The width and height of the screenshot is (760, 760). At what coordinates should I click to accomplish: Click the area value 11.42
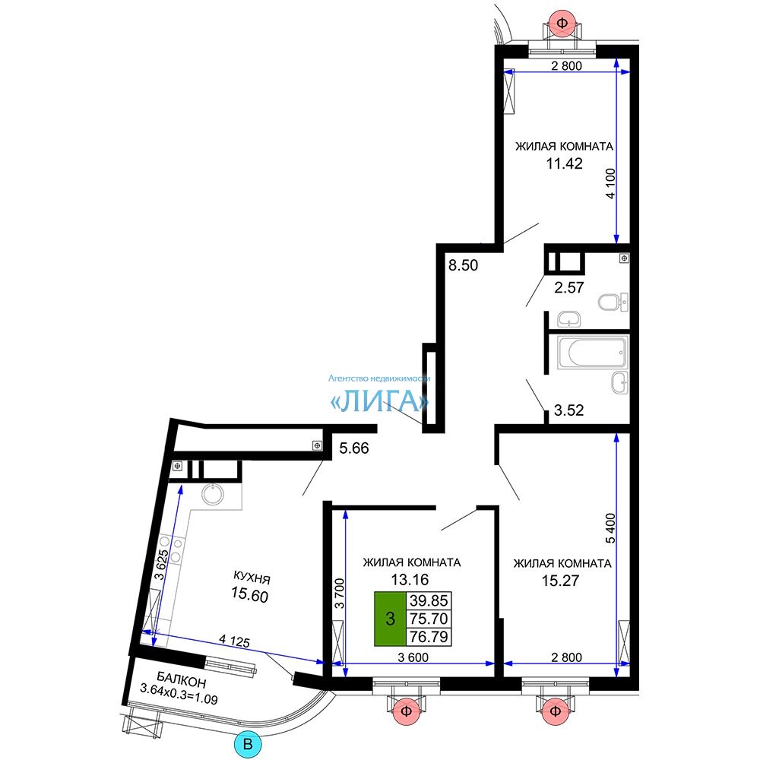coord(564,163)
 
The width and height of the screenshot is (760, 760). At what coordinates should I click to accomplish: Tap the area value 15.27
coord(560,580)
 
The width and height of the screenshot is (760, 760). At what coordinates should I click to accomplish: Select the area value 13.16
coord(410,579)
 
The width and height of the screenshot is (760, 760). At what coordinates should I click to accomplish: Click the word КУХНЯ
coord(252,578)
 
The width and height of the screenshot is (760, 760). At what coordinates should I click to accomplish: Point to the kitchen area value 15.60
coord(249,594)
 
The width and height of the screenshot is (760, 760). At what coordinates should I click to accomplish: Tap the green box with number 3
coord(390,619)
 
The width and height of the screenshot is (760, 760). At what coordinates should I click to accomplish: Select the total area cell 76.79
coord(429,636)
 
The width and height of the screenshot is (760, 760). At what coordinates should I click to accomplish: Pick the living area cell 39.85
coord(429,600)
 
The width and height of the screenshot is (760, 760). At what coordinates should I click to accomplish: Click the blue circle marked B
coord(248,744)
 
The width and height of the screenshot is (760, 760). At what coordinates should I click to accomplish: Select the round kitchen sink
coord(213,494)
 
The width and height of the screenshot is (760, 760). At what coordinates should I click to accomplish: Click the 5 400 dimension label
coord(611,528)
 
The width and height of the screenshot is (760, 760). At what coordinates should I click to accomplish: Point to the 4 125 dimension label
coord(235,641)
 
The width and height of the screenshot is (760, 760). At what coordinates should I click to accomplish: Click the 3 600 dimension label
coord(413,657)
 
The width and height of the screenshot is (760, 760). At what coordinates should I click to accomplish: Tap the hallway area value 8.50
coord(463,265)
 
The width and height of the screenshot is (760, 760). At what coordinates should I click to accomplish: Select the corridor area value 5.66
coord(354,448)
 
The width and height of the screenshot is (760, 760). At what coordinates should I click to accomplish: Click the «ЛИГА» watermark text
coord(379,401)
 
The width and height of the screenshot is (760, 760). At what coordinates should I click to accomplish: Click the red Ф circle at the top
coord(562,22)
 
